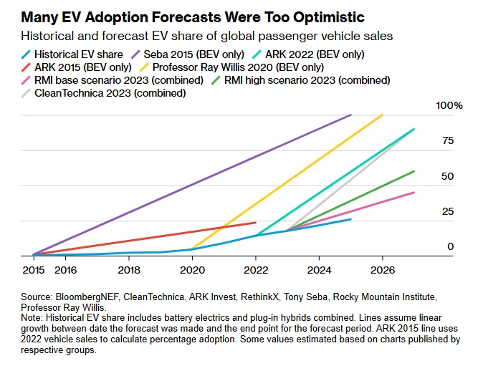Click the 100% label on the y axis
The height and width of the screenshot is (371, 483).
(x=450, y=105)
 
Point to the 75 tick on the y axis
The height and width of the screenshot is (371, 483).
(x=448, y=140)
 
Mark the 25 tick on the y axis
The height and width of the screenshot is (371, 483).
(x=448, y=211)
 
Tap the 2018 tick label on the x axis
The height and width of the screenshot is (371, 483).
(x=128, y=271)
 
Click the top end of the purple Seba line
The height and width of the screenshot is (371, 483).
(x=351, y=115)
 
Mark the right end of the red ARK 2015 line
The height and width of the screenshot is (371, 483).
(x=256, y=223)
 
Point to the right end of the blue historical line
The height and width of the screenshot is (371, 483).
(x=351, y=219)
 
